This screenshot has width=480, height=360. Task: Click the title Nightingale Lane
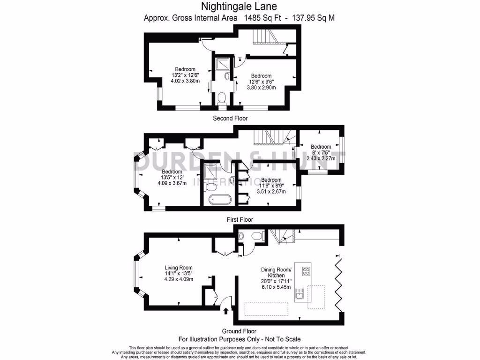(239, 7)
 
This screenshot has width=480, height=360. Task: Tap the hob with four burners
(307, 271)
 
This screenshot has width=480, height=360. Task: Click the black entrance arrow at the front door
(226, 310)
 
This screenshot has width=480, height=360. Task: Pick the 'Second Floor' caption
(230, 119)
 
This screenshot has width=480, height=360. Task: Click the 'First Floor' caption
(240, 219)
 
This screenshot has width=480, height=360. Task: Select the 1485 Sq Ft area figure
(263, 18)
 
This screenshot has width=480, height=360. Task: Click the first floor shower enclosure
(211, 172)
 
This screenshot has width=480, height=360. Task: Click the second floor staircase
(265, 37)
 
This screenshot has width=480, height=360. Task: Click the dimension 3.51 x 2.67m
(271, 191)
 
